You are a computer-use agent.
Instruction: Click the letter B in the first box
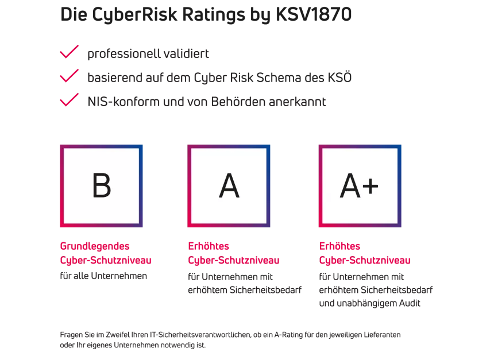102,185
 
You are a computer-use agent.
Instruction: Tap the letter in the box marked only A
229,185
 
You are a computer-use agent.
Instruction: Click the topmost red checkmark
70,52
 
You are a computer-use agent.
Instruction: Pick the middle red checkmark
70,75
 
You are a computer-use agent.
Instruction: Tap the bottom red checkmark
70,100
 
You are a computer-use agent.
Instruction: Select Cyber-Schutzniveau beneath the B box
106,260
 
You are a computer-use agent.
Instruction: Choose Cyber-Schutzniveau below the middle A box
234,260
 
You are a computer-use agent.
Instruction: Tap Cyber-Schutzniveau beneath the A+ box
365,260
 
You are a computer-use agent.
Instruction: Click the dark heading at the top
207,16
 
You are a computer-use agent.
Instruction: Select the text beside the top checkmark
149,55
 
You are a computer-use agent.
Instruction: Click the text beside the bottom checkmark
207,103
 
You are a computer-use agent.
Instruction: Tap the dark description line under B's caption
103,276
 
